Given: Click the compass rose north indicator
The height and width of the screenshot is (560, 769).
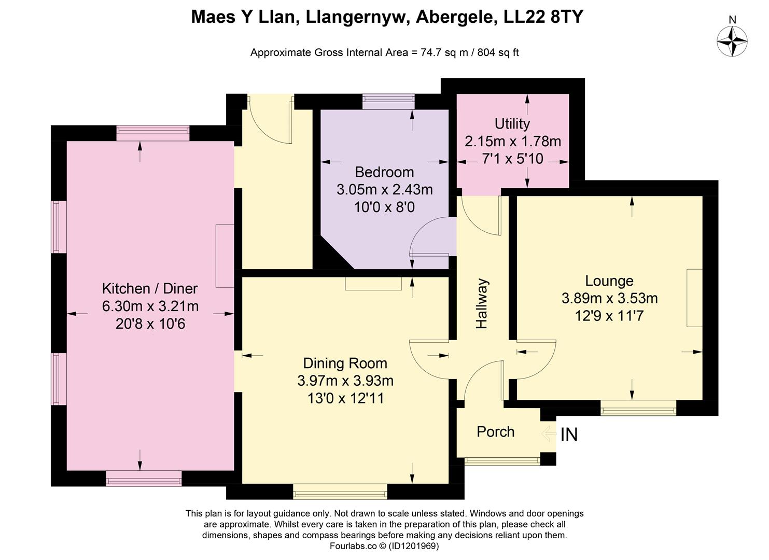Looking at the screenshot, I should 732,39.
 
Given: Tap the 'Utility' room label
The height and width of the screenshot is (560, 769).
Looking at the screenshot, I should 512,124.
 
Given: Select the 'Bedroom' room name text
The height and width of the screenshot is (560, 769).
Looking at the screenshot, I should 384,172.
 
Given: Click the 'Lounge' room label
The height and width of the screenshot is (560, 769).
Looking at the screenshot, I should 609,281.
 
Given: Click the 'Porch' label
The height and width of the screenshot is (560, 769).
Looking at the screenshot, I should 495,432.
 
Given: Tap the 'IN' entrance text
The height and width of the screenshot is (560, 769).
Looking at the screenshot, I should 569,435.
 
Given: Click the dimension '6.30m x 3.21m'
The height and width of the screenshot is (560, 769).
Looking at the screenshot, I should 150,306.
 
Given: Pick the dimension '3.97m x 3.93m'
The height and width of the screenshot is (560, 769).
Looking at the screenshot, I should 345,381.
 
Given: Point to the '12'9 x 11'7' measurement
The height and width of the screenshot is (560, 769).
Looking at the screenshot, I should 609,316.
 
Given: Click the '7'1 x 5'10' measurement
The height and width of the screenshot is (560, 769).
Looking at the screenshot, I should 512,159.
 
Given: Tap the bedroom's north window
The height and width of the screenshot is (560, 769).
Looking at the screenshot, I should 388,102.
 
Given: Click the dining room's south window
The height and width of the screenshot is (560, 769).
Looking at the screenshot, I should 340,491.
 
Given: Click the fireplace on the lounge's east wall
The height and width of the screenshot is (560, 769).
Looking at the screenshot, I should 694,298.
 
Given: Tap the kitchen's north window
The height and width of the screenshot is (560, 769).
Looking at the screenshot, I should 152,133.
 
